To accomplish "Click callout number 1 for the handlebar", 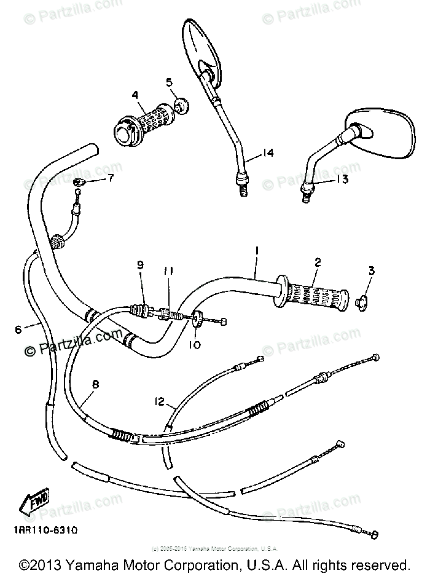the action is pyautogui.click(x=257, y=251).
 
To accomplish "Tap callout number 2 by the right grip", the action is pyautogui.click(x=317, y=261).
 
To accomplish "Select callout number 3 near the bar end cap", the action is pyautogui.click(x=371, y=270).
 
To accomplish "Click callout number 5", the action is pyautogui.click(x=169, y=82).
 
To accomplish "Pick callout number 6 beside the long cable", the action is pyautogui.click(x=18, y=329).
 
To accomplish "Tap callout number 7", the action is pyautogui.click(x=111, y=179).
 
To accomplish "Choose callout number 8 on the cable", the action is pyautogui.click(x=95, y=385).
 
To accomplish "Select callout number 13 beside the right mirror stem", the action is pyautogui.click(x=342, y=179).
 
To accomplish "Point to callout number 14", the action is pyautogui.click(x=267, y=153).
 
